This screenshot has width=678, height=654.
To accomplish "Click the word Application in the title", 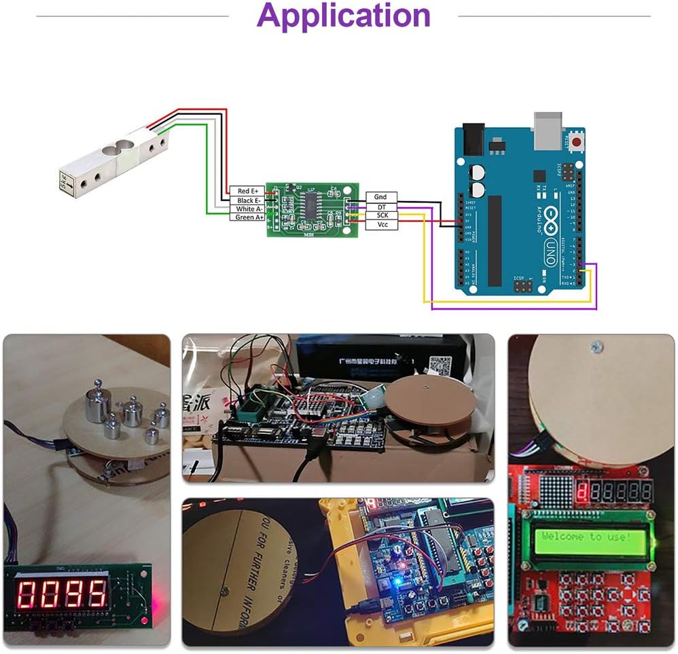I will coord(344,16).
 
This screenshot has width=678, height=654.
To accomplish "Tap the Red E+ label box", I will coord(248,192).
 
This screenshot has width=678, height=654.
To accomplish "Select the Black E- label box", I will coord(248,200).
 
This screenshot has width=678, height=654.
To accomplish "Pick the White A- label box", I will coord(248,209).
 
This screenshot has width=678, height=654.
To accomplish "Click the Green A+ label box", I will coord(248,217).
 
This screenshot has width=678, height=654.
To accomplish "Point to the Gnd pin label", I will coord(381,197).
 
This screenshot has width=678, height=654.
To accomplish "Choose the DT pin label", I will coord(381,206).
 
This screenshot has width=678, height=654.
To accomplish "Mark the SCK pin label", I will coord(381,215).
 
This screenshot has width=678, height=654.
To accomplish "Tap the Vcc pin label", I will coord(381,224).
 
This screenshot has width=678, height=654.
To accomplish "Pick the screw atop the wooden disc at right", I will coord(597,347).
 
